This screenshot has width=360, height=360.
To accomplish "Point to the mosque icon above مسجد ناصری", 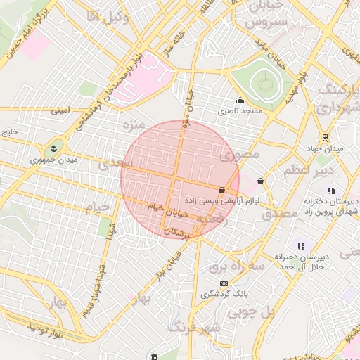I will click(240, 100).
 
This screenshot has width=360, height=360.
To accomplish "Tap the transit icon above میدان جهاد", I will click(324, 138).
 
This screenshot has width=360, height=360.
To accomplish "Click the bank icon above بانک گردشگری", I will click(224, 283).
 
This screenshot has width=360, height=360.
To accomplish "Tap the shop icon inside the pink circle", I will click(222, 190).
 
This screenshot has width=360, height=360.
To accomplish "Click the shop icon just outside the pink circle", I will click(261, 181).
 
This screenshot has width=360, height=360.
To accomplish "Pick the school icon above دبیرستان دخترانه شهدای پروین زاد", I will click(331, 191).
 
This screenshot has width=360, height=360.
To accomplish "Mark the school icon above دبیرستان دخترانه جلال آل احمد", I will click(301, 246).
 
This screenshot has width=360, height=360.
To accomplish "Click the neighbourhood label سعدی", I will click(115, 165).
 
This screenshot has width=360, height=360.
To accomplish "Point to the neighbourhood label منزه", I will click(133, 127).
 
